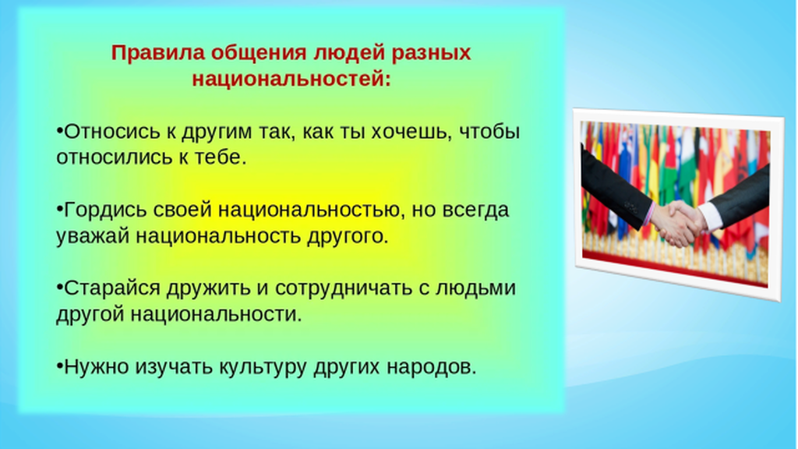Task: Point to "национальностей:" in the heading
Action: point(291,79)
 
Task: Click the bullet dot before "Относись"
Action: point(59,131)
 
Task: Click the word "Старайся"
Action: point(112,288)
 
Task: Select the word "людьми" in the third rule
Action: point(476,288)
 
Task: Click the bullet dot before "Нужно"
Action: point(59,366)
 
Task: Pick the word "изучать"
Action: point(174,367)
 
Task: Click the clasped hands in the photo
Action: point(679,222)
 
